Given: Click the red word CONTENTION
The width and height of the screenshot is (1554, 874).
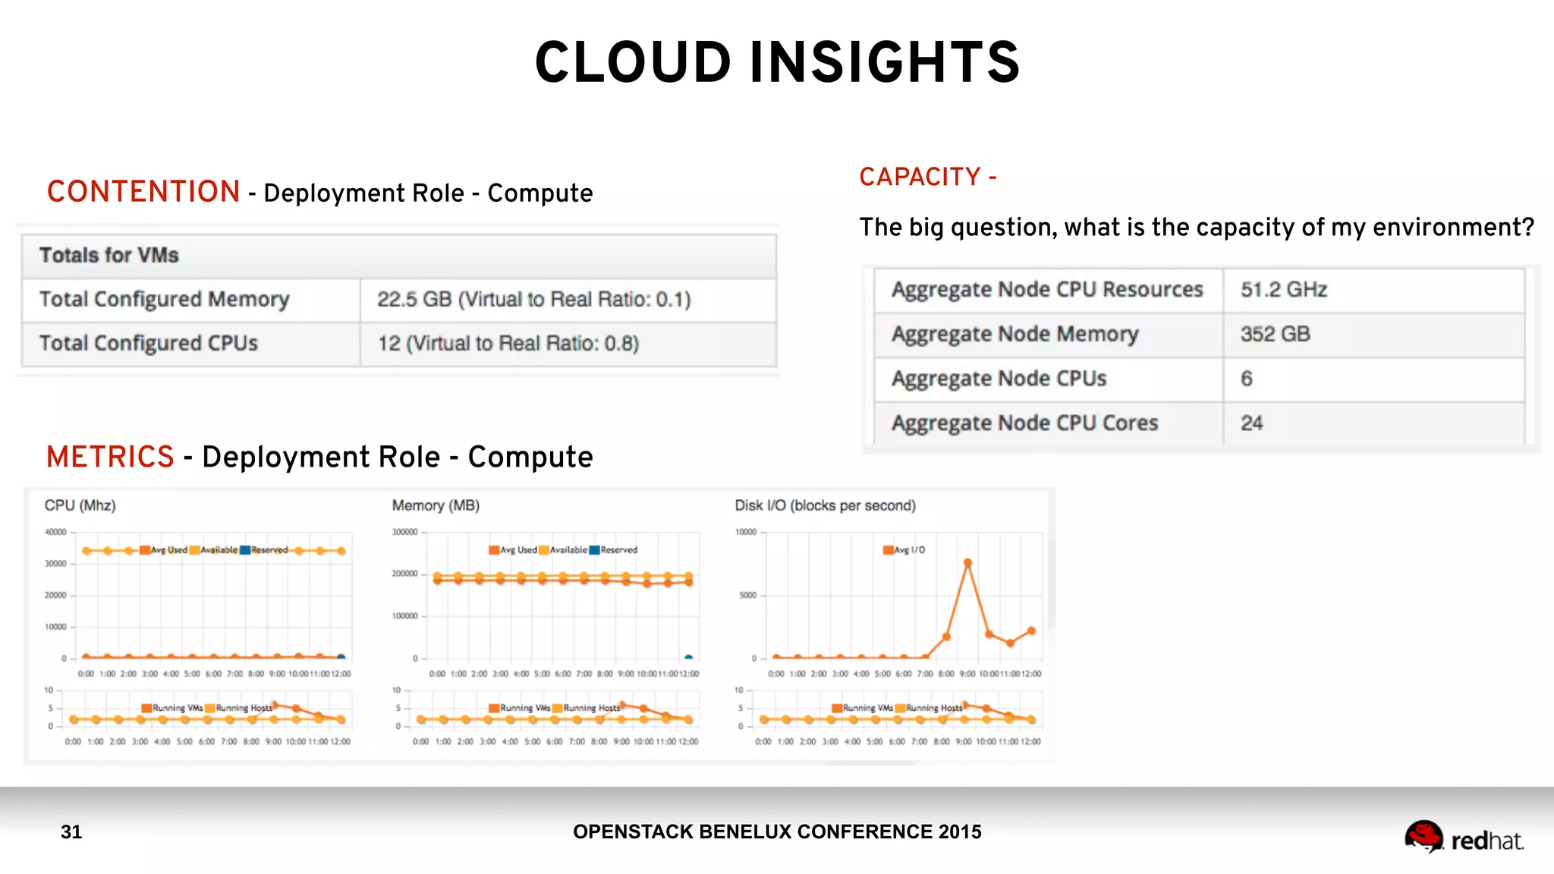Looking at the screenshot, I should [x=143, y=192].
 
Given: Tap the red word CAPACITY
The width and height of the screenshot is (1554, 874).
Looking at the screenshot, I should [x=920, y=178].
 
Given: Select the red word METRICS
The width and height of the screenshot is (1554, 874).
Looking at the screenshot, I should [x=110, y=457].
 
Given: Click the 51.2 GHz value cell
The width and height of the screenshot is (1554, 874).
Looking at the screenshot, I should [x=1283, y=290].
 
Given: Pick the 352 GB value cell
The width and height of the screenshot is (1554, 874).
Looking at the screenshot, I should [x=1275, y=334].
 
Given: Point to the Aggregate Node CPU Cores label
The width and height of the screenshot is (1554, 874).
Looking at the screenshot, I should [x=1024, y=423].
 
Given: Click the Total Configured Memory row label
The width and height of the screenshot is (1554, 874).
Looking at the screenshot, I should [x=164, y=300].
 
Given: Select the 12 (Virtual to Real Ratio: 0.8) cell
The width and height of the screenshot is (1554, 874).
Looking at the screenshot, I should [x=508, y=344].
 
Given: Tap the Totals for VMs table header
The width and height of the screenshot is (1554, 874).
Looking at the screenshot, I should [x=109, y=256].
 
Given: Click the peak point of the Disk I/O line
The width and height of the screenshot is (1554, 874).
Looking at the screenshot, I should [x=967, y=563].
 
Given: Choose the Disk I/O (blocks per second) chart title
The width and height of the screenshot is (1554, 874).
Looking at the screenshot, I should [x=825, y=505].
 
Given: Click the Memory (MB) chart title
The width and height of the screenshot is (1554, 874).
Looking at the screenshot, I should [x=436, y=505].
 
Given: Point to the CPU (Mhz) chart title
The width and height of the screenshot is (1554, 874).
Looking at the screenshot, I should [x=80, y=505].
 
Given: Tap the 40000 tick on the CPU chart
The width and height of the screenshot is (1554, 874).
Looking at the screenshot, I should [x=55, y=532].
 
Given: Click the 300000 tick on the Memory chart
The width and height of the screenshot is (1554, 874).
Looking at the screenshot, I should [x=404, y=532].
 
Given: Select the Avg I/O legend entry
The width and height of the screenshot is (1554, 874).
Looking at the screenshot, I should [x=904, y=550].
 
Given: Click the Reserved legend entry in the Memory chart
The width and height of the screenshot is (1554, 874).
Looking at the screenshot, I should [x=614, y=550].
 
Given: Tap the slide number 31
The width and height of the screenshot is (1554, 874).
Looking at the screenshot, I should [x=71, y=832].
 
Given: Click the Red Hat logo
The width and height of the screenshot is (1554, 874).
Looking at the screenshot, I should [x=1464, y=838].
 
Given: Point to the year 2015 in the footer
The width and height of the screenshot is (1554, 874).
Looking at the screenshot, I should [x=959, y=832].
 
